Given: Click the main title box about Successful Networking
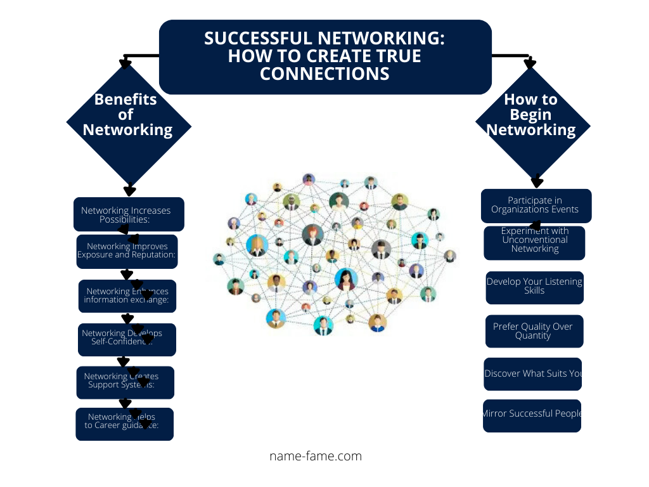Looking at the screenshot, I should (x=325, y=56).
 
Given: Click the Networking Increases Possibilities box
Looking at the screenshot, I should (x=129, y=214).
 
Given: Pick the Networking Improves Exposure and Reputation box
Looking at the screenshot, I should (x=127, y=251).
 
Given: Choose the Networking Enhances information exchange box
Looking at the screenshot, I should (x=127, y=296).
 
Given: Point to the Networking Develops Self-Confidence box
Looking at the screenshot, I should (x=127, y=339).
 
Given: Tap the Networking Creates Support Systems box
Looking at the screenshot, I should (x=125, y=382).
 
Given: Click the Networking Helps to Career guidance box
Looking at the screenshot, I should (x=124, y=424).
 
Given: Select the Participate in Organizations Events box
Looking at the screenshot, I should (x=536, y=205).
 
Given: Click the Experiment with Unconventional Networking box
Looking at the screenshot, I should (x=534, y=243).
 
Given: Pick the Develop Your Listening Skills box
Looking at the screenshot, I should (x=534, y=287).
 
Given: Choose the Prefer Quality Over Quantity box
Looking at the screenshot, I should (x=534, y=331).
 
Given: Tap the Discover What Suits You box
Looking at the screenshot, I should (x=533, y=374).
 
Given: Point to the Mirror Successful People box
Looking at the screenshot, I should (x=532, y=415).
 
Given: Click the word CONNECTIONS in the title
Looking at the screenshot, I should (x=324, y=74).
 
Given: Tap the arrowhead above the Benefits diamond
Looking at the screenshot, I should (x=125, y=63).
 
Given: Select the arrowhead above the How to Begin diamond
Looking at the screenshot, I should (x=530, y=63).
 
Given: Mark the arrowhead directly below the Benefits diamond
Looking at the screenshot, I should (x=130, y=190).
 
